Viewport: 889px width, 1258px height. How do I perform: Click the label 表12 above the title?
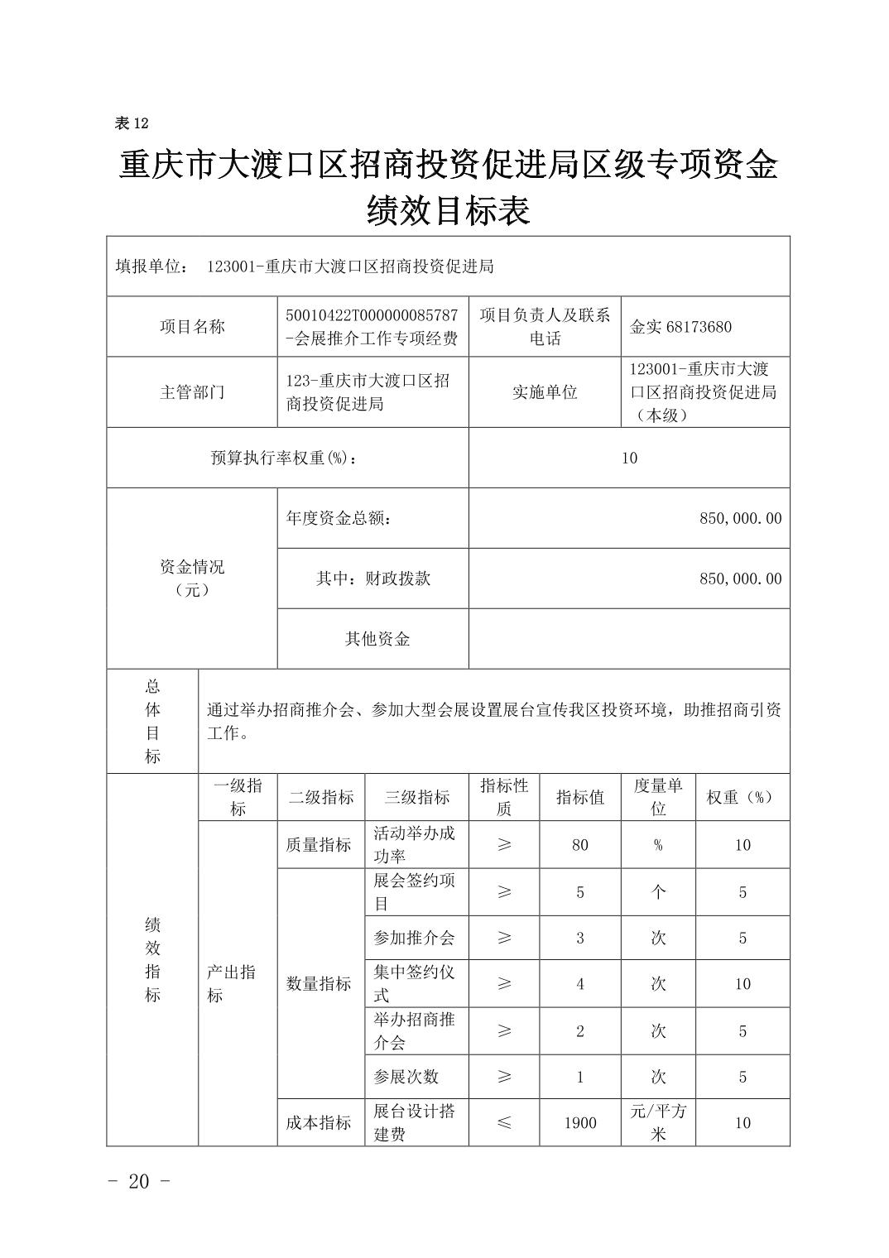point(131,123)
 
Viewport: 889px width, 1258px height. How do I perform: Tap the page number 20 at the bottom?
point(139,1181)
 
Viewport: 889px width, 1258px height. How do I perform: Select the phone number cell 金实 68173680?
point(680,327)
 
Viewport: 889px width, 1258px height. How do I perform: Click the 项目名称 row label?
point(192,327)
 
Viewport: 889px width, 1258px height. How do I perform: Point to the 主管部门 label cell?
point(192,392)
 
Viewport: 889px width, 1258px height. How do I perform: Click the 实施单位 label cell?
point(545,392)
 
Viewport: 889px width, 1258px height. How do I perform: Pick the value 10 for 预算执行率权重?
point(629,458)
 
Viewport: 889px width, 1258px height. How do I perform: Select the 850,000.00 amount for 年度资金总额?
point(740,518)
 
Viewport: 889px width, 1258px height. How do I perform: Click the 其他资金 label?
point(377,639)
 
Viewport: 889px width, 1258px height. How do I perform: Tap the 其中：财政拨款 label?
point(373,579)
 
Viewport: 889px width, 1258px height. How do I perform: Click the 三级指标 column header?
point(417,797)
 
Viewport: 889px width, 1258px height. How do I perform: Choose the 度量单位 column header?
point(658,797)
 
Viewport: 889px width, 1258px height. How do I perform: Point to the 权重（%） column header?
point(742,797)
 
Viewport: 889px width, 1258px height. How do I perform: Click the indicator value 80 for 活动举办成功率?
point(579,845)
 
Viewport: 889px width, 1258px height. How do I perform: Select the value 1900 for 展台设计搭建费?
point(579,1123)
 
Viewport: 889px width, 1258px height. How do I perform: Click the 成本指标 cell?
point(320,1123)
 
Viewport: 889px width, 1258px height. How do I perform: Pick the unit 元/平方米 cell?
point(658,1122)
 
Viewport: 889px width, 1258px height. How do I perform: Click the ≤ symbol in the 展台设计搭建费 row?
point(503,1123)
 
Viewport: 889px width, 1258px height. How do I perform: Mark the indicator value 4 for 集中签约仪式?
point(579,984)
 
